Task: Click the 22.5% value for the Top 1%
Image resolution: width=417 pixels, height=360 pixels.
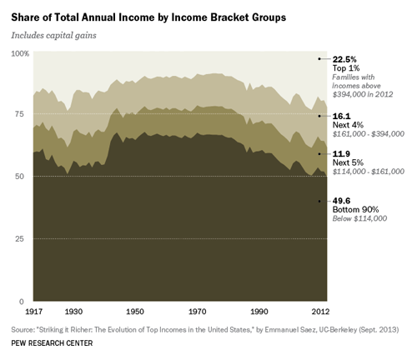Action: coord(345,58)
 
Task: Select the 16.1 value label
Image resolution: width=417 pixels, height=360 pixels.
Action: coord(341,117)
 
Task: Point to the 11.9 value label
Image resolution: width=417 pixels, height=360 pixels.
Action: coord(341,154)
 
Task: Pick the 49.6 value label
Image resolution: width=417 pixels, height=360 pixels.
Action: coord(341,201)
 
